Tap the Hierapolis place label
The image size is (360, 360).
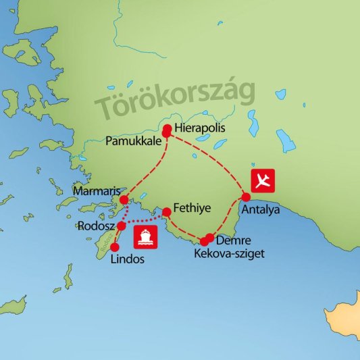pos(199,127)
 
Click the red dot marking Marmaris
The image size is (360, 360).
pos(124,200)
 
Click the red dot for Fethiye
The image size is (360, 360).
pos(166,211)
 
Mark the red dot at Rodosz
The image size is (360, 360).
pos(122,226)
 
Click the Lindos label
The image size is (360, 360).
pos(126,259)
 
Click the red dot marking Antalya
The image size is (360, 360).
pos(246,197)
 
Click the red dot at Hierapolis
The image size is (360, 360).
pos(167,126)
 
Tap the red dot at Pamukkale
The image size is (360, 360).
pos(165,134)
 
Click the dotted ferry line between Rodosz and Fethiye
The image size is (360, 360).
pos(145,220)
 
